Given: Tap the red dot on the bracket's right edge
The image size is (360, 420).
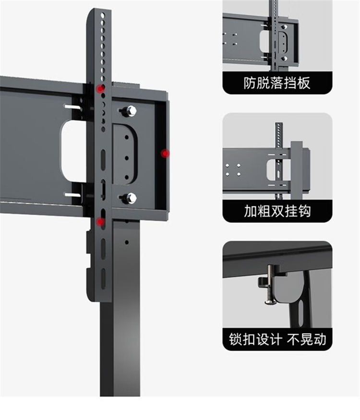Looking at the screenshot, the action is pyautogui.click(x=165, y=154).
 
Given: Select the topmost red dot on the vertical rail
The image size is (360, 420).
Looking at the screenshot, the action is pyautogui.click(x=100, y=88).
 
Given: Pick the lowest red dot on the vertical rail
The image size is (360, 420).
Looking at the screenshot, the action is pyautogui.click(x=100, y=221).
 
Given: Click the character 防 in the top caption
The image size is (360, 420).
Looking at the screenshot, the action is pyautogui.click(x=250, y=83).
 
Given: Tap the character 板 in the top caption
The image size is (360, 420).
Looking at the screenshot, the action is pyautogui.click(x=304, y=83).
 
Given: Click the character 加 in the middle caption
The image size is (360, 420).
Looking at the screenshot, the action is pyautogui.click(x=251, y=211).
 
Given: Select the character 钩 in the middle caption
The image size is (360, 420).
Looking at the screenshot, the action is pyautogui.click(x=304, y=211).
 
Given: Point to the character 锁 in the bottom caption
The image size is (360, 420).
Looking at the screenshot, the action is pyautogui.click(x=236, y=339).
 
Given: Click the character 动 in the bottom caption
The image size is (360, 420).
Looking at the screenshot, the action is pyautogui.click(x=320, y=339).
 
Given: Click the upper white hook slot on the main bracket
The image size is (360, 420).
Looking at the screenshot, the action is pyautogui.click(x=72, y=107).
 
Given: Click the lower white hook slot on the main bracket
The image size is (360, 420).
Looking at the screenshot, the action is pyautogui.click(x=72, y=195).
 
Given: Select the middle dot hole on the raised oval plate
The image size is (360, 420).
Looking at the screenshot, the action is pyautogui.click(x=127, y=158).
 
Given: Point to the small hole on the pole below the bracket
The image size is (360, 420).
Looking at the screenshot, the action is pyautogui.click(x=126, y=242).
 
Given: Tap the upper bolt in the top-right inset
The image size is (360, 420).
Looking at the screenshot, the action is pyautogui.click(x=284, y=27).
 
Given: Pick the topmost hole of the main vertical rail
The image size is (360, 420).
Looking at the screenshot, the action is pyautogui.click(x=103, y=16).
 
